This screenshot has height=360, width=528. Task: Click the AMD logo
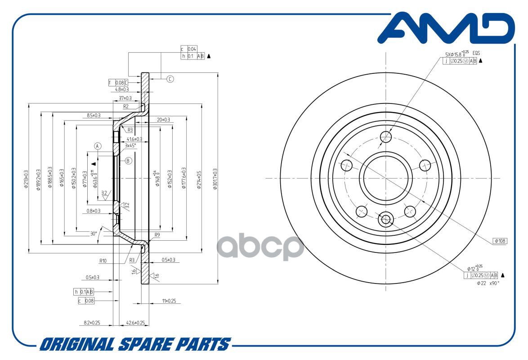pos(445,29)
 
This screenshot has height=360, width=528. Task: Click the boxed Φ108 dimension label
pos(500,241)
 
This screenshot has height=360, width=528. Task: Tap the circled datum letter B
pos(128,161)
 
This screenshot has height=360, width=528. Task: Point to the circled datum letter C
pos(170,79)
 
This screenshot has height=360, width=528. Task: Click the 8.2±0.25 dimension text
pos(92,323)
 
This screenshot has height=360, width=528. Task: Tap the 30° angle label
pos(94,234)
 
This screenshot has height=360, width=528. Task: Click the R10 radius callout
pos(103,260)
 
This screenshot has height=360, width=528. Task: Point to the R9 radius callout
pos(157,235)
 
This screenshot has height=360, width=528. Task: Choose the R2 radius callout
pos(126,107)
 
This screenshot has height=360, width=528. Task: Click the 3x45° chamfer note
pos(130,145)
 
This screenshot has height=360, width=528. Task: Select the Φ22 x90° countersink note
pos(488,283)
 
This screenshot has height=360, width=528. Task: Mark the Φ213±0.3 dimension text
pos(27,179)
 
